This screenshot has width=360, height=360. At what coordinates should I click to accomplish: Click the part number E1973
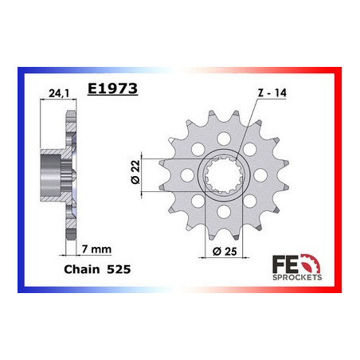(114, 90)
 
